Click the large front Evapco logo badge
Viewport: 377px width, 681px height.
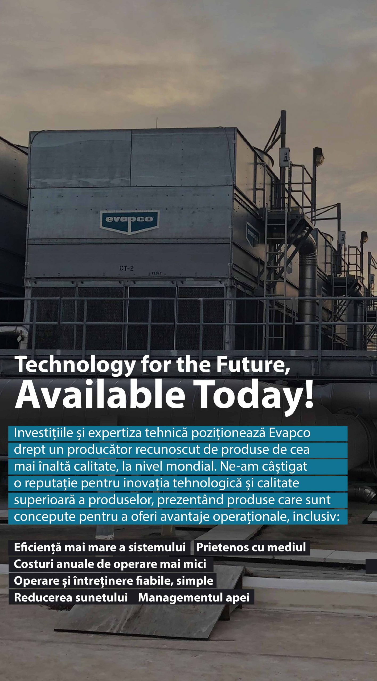coord(130,222)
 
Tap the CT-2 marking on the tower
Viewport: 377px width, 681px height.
coord(126,268)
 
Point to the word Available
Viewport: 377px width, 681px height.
coord(100,395)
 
